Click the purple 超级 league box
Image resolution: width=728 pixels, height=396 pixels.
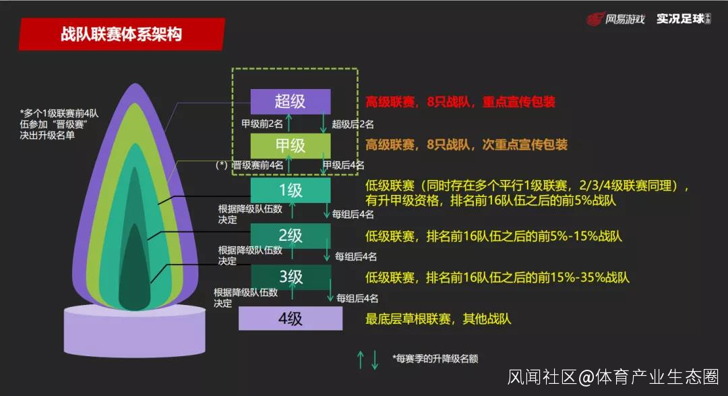tap(291, 101)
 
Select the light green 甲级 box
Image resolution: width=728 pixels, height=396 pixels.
tap(291, 146)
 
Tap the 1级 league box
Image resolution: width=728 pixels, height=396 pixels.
tap(291, 190)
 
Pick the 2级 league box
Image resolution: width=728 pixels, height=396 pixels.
tap(291, 235)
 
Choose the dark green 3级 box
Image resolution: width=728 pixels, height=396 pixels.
tap(291, 277)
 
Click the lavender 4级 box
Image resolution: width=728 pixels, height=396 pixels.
tap(291, 318)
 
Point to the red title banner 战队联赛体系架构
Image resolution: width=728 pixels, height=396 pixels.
tap(121, 34)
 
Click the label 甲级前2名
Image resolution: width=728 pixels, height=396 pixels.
tap(262, 124)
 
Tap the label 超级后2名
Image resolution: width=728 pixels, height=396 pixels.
tap(353, 124)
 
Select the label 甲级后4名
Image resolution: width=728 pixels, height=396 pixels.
tap(344, 165)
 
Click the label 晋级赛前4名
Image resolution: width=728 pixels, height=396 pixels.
tap(257, 165)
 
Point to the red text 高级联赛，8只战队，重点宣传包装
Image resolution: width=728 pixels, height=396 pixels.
tap(460, 102)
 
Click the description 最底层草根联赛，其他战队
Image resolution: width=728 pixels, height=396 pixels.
tap(438, 319)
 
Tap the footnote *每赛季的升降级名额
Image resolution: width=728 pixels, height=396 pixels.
tap(435, 358)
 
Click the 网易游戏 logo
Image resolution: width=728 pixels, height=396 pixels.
tap(615, 19)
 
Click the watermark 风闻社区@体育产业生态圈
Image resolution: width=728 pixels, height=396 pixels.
tap(613, 376)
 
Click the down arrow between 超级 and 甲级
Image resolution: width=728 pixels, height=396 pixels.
tap(324, 123)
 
